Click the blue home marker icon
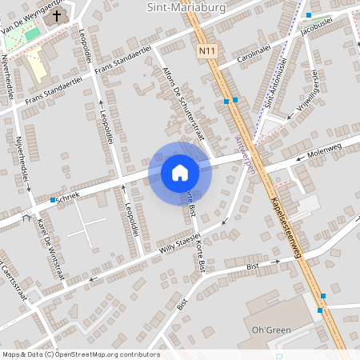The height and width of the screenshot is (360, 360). (180, 172)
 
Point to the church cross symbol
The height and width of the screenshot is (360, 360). (57, 16)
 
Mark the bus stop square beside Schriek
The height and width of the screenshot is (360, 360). (53, 199)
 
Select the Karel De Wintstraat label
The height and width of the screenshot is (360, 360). (52, 249)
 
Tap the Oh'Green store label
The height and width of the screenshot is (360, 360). (270, 330)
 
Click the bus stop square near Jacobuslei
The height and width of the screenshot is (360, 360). (308, 15)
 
